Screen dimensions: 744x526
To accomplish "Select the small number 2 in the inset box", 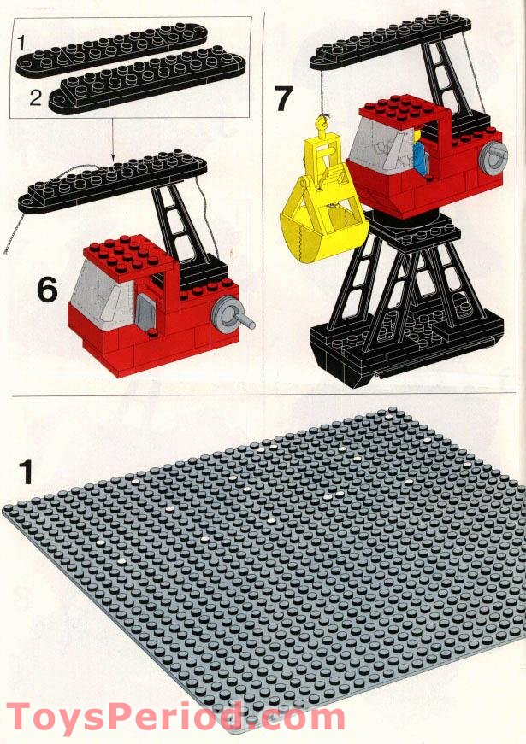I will (x=35, y=97).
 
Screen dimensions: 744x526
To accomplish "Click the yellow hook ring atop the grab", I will (x=323, y=127).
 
